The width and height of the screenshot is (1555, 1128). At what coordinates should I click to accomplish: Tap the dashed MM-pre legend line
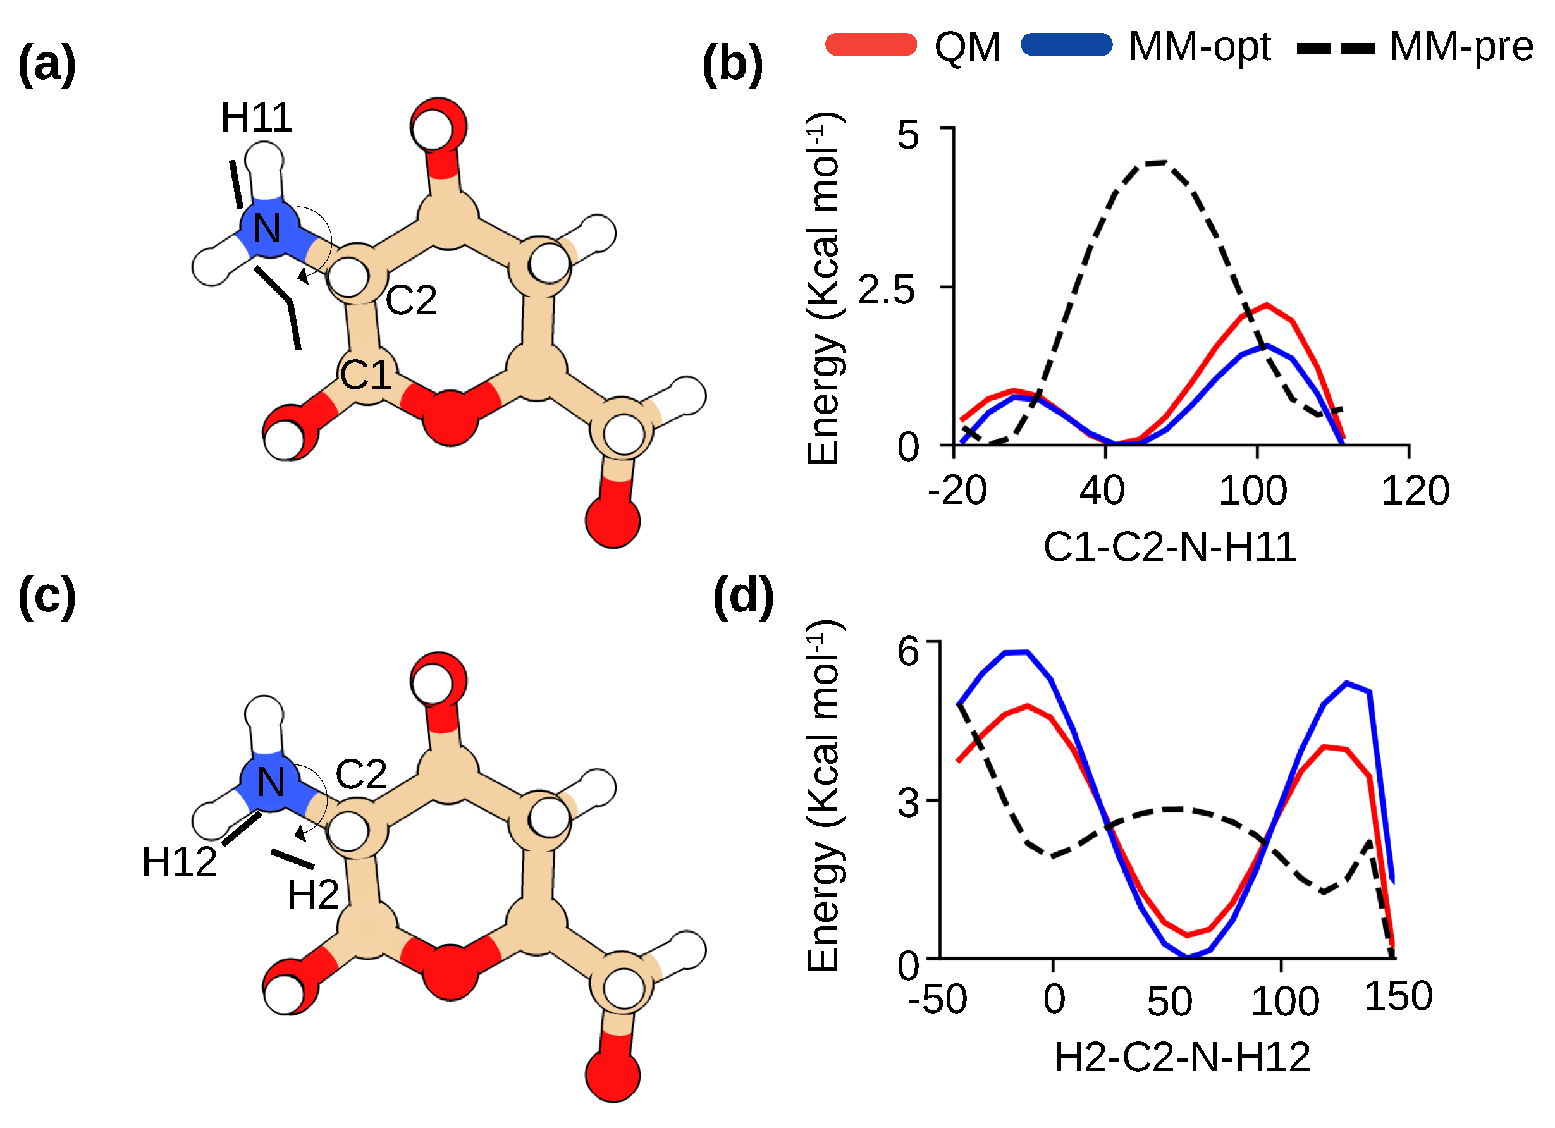[1336, 48]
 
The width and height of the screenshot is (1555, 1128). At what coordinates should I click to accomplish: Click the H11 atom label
[256, 118]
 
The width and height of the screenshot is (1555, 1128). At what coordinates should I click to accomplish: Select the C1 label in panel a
[366, 375]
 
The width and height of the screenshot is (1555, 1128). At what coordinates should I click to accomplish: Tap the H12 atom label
[179, 862]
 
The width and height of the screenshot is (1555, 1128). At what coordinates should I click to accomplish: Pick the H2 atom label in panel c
[312, 895]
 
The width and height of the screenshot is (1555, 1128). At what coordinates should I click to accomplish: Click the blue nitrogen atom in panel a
[269, 227]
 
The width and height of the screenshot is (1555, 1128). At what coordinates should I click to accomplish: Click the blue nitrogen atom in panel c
[271, 782]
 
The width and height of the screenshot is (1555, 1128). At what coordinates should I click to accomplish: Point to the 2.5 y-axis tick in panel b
[886, 290]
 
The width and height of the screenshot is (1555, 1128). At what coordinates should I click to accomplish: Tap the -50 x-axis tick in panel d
[937, 999]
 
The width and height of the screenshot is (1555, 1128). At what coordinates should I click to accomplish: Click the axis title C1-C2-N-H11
[1170, 547]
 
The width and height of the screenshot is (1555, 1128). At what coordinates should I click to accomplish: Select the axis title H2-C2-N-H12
[1182, 1057]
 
